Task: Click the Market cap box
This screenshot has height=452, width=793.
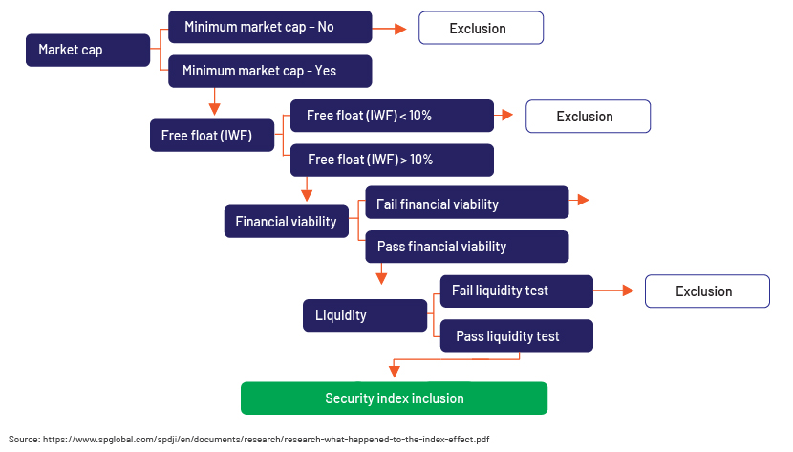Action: click(x=88, y=50)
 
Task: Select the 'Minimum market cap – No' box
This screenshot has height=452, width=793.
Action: click(x=270, y=27)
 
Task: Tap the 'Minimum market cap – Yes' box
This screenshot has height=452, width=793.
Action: click(x=270, y=71)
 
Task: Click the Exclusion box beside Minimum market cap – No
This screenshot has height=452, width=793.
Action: click(x=481, y=29)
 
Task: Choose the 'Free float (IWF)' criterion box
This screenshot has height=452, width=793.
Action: click(x=212, y=136)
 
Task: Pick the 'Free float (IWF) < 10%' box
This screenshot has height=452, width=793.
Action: click(x=392, y=116)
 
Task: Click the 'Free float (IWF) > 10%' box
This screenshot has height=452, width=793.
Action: click(x=392, y=160)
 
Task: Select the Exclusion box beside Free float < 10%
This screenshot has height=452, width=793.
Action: click(x=589, y=117)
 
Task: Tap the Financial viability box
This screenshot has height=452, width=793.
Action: click(x=287, y=222)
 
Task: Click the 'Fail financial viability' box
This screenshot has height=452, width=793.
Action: click(x=467, y=203)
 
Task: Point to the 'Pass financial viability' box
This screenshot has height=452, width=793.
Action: click(x=467, y=247)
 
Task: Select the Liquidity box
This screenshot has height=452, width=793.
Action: click(x=365, y=315)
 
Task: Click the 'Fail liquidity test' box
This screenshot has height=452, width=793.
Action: click(x=516, y=291)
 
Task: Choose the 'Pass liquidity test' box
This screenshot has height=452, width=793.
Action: click(x=516, y=335)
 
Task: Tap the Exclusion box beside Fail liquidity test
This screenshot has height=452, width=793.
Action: click(x=708, y=291)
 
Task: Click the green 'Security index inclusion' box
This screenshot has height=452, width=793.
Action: click(x=394, y=398)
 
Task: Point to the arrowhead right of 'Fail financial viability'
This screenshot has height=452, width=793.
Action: click(x=583, y=200)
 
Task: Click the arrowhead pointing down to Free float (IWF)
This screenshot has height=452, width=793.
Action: click(x=214, y=109)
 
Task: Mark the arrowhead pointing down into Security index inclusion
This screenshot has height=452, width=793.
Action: click(x=395, y=372)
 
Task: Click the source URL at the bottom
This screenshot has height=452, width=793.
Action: click(x=266, y=440)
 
